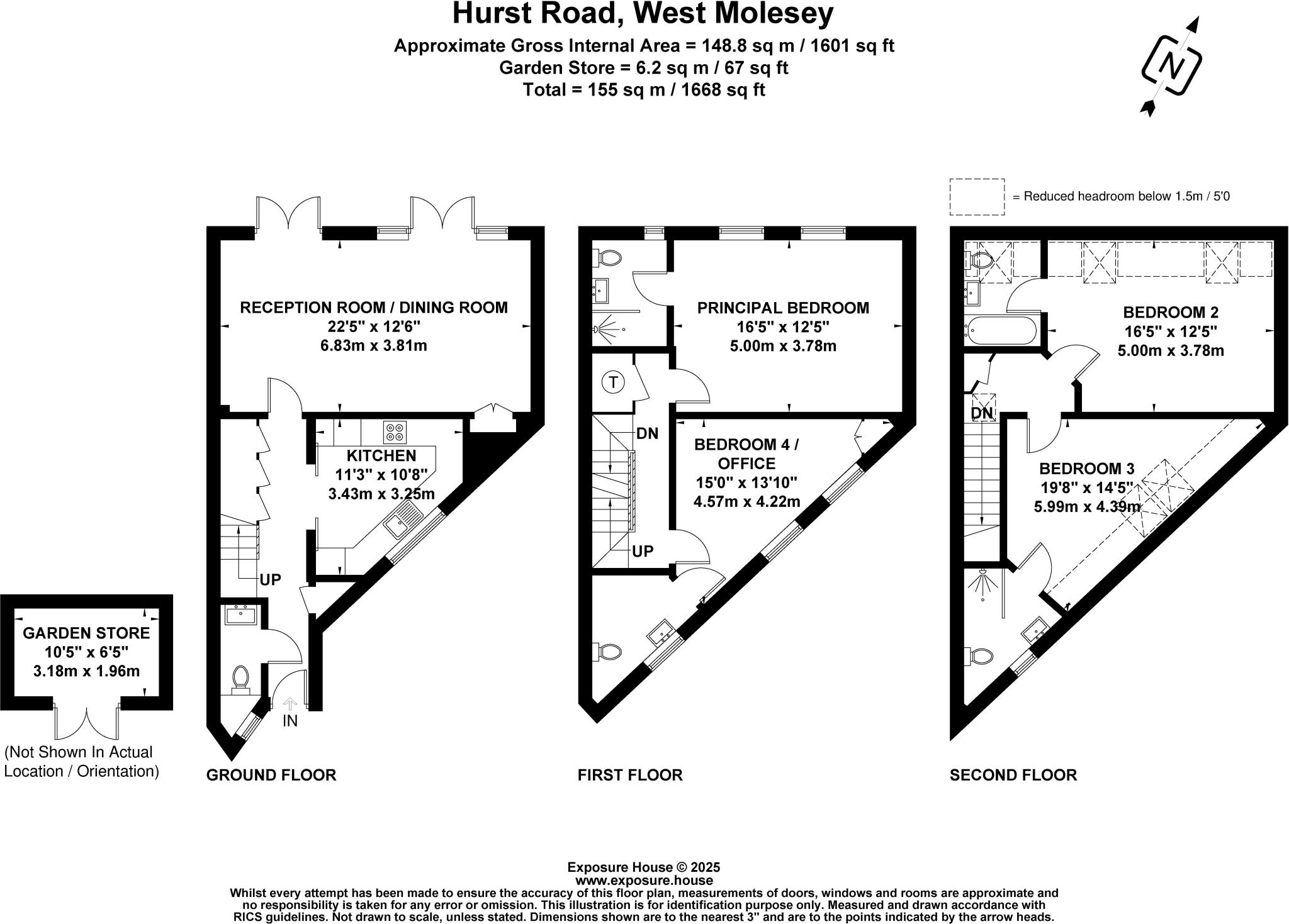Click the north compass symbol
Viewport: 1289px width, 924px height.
[1171, 67]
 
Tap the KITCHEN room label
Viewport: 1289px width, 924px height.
[381, 455]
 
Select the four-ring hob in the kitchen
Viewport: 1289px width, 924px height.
[395, 432]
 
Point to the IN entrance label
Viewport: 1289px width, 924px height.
[290, 721]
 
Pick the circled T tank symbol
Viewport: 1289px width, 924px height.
[614, 382]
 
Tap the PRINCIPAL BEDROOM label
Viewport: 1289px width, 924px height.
[782, 308]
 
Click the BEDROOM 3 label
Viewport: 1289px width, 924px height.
[1086, 469]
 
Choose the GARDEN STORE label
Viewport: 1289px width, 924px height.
[86, 633]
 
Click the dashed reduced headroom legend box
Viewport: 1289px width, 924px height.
[976, 197]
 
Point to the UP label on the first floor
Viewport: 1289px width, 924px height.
[643, 552]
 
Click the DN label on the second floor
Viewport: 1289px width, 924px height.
[982, 413]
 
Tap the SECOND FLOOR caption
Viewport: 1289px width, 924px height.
[1013, 775]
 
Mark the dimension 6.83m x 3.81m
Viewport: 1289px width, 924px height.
[373, 345]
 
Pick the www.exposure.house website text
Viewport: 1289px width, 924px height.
[643, 881]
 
